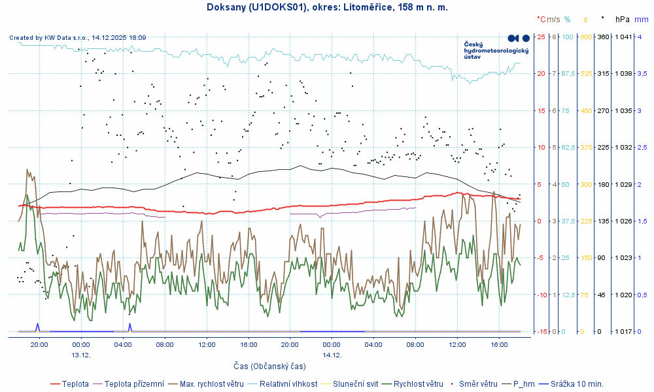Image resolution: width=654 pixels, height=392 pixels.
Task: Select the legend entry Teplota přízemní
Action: (134, 384)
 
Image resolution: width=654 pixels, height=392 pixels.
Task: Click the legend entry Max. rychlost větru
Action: (211, 384)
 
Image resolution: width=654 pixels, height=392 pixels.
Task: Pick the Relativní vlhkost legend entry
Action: (288, 384)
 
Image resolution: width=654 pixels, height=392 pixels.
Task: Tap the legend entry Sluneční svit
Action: (356, 384)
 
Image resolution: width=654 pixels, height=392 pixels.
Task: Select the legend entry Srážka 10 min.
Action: (576, 384)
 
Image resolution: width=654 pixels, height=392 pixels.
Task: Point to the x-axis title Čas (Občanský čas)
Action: (269, 366)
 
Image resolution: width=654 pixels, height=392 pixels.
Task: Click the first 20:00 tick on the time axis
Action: (39, 344)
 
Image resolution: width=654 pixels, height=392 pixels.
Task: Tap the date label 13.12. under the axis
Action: (80, 355)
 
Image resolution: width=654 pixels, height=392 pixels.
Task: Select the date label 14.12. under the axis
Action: (332, 355)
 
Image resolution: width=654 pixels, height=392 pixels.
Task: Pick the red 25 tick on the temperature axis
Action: (541, 37)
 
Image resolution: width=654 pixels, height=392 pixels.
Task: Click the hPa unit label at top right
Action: (622, 20)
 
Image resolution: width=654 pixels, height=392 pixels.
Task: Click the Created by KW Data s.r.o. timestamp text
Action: (78, 38)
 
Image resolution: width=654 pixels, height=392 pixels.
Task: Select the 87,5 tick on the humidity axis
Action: (568, 73)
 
